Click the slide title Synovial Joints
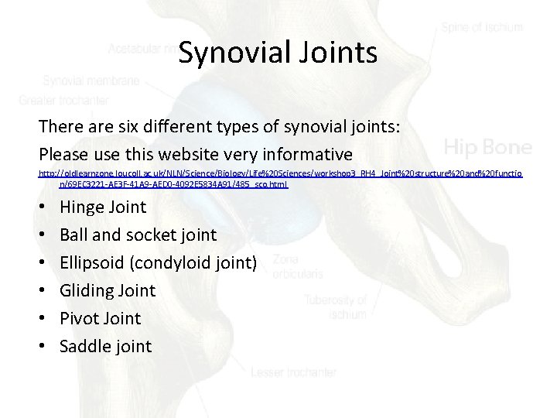click(x=277, y=53)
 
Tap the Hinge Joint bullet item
click(x=103, y=207)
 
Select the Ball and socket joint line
click(x=138, y=235)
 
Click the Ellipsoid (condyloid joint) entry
click(x=158, y=262)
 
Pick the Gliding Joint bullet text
click(x=108, y=290)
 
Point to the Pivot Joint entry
click(x=101, y=318)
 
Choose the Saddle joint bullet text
click(x=106, y=346)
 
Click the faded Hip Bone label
click(x=487, y=146)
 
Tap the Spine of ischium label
click(x=482, y=27)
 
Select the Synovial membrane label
click(x=91, y=80)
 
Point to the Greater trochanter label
click(x=64, y=100)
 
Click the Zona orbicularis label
click(x=298, y=266)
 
